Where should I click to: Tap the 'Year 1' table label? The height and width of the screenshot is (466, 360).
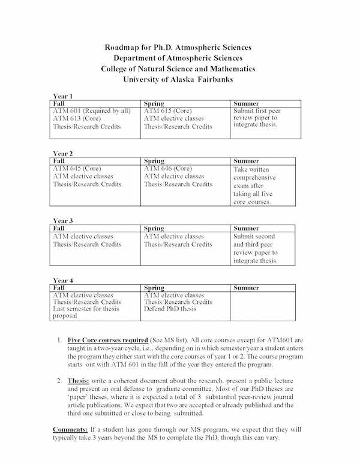pos(63,96)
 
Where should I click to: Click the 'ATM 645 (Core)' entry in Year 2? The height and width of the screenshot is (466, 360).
pos(77,169)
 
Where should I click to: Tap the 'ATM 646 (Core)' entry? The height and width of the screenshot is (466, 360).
pos(169,169)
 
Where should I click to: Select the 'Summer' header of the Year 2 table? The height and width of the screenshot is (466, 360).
pos(245,161)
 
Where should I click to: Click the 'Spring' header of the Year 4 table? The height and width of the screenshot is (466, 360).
pos(154,288)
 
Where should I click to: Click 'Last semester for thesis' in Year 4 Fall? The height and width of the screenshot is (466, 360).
pos(86,309)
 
